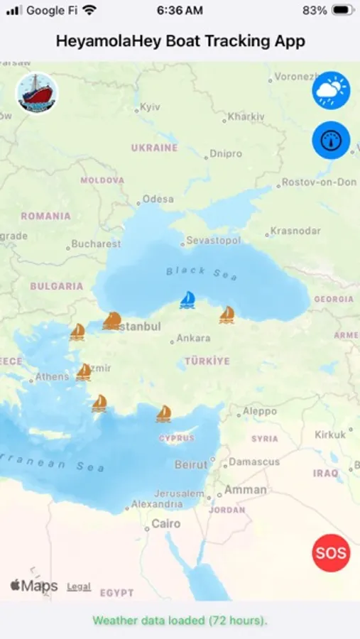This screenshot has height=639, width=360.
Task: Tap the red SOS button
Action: pyautogui.click(x=331, y=552)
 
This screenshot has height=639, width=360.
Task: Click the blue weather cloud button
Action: pyautogui.click(x=331, y=90)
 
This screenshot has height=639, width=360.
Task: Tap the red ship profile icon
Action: pyautogui.click(x=37, y=93)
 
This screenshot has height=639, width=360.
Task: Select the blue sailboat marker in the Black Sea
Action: pyautogui.click(x=187, y=300)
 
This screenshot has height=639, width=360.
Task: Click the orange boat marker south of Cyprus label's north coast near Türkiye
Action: pyautogui.click(x=164, y=413)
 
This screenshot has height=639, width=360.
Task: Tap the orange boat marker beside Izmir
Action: pyautogui.click(x=84, y=371)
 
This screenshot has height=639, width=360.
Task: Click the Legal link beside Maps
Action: pyautogui.click(x=79, y=586)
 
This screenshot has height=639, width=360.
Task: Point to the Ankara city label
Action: pyautogui.click(x=192, y=339)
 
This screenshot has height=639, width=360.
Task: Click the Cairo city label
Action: pyautogui.click(x=166, y=525)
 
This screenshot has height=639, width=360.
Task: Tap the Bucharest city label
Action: pyautogui.click(x=96, y=244)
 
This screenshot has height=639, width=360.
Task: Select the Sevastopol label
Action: pyautogui.click(x=213, y=241)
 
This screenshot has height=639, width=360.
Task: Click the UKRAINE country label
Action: pyautogui.click(x=154, y=148)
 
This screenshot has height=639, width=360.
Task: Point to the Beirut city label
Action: pyautogui.click(x=191, y=465)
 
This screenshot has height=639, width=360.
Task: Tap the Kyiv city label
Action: pyautogui.click(x=151, y=107)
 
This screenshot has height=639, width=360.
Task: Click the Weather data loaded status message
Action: pyautogui.click(x=180, y=621)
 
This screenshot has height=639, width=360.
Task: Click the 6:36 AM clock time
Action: pyautogui.click(x=180, y=11)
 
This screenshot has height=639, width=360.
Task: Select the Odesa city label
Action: pyautogui.click(x=158, y=200)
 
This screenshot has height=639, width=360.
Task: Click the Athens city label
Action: pyautogui.click(x=53, y=377)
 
